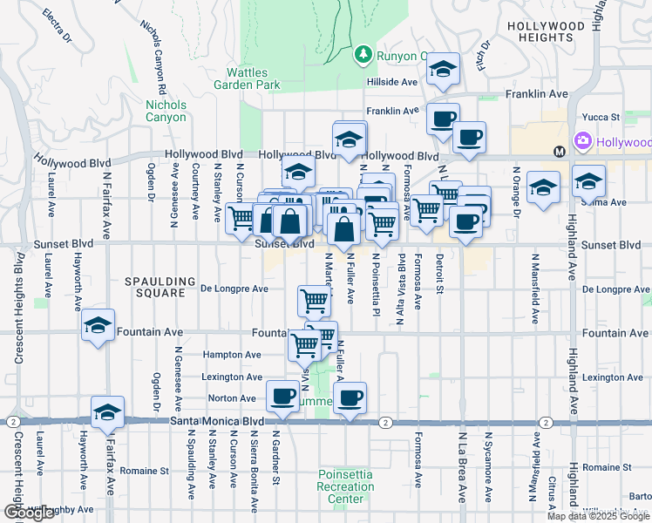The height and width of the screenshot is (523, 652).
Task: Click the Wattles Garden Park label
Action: point(248,78)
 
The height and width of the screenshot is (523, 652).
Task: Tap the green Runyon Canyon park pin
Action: point(363,56)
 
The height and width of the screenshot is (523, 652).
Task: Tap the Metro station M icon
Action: point(560,152)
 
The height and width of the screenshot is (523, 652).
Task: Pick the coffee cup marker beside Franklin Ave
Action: point(443,117)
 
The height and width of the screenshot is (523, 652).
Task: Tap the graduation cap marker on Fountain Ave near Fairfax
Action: point(98,326)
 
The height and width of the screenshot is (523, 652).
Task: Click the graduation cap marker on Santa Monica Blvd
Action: point(107,413)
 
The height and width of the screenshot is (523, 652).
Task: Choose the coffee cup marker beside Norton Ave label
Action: point(281,397)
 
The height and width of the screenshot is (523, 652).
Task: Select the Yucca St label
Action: point(601,116)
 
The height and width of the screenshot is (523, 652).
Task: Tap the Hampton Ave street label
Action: point(232,355)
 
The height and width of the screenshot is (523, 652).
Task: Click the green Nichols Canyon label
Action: point(165,111)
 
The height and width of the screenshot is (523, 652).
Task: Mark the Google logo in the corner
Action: point(29,513)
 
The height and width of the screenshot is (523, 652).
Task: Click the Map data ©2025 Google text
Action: point(598,516)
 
